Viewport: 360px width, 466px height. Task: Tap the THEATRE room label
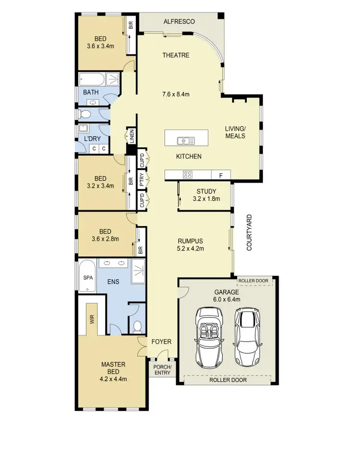176,55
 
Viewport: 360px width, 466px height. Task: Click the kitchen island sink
185,141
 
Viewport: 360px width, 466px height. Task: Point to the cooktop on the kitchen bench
188,175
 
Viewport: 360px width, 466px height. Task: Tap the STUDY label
206,191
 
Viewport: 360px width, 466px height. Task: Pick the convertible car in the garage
209,337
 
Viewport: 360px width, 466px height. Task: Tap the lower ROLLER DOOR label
228,380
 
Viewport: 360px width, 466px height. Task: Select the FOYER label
161,342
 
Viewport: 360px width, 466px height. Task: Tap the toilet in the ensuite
137,327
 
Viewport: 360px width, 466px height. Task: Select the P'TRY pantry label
142,180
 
